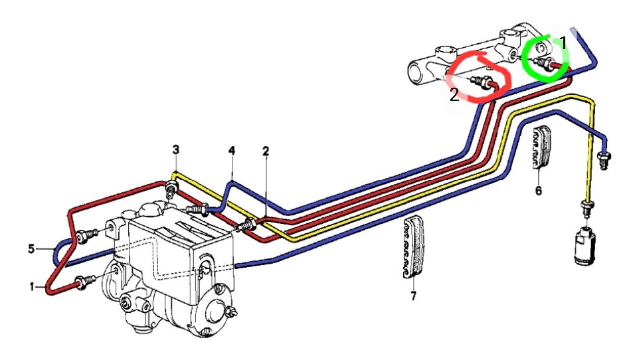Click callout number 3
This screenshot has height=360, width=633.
[x=175, y=149]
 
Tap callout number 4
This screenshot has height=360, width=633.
[x=232, y=151]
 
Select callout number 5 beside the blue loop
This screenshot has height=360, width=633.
[x=31, y=250]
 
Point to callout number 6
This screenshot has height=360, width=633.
[x=538, y=191]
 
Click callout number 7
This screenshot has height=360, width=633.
[x=413, y=296]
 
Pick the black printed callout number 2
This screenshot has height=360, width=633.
[x=266, y=151]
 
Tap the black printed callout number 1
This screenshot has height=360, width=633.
[x=31, y=286]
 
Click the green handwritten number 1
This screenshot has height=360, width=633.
[x=563, y=43]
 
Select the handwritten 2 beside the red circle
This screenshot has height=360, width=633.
[x=454, y=95]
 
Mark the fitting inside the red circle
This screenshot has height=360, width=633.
[x=482, y=83]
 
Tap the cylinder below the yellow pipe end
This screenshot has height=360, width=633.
[x=585, y=245]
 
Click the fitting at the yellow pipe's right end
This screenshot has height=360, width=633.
[x=587, y=206]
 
